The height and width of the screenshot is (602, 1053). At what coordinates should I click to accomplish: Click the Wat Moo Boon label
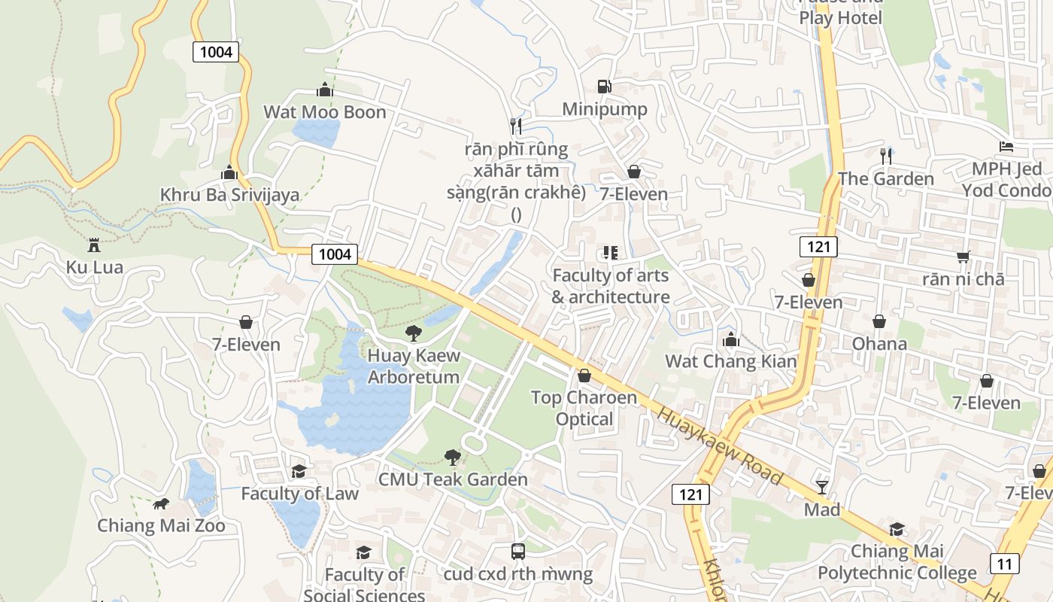[324, 112]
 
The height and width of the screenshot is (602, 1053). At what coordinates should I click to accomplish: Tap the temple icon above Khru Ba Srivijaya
[229, 172]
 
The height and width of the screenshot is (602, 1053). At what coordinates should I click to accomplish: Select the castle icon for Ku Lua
[94, 245]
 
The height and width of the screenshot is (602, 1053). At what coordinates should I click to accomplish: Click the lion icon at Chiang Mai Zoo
[160, 503]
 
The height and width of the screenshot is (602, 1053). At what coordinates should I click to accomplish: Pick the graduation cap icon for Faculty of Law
[299, 471]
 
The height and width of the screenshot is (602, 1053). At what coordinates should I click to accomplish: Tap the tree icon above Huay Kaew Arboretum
[413, 333]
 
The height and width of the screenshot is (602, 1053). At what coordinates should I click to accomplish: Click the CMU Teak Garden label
[453, 479]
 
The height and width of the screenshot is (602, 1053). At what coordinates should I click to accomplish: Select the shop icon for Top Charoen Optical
[584, 375]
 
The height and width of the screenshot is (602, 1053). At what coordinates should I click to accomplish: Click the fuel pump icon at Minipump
[604, 87]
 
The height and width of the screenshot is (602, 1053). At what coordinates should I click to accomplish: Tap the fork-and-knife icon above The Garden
[886, 156]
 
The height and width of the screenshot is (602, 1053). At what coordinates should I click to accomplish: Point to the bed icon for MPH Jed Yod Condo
[1006, 146]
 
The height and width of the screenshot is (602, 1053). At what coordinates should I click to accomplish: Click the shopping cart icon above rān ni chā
[963, 257]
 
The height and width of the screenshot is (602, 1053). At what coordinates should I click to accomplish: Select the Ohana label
[879, 344]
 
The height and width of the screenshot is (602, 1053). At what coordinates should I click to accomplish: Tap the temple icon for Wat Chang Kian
[730, 339]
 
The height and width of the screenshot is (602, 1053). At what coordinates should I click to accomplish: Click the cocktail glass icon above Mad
[821, 488]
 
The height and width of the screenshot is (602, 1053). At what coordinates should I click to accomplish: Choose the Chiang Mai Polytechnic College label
[897, 562]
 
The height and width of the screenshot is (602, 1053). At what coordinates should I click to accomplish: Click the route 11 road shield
[1004, 563]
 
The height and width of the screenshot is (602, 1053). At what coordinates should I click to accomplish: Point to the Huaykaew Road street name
[721, 445]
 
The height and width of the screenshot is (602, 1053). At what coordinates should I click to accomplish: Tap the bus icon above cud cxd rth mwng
[517, 552]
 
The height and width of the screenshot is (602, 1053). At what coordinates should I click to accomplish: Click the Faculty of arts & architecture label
[610, 286]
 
